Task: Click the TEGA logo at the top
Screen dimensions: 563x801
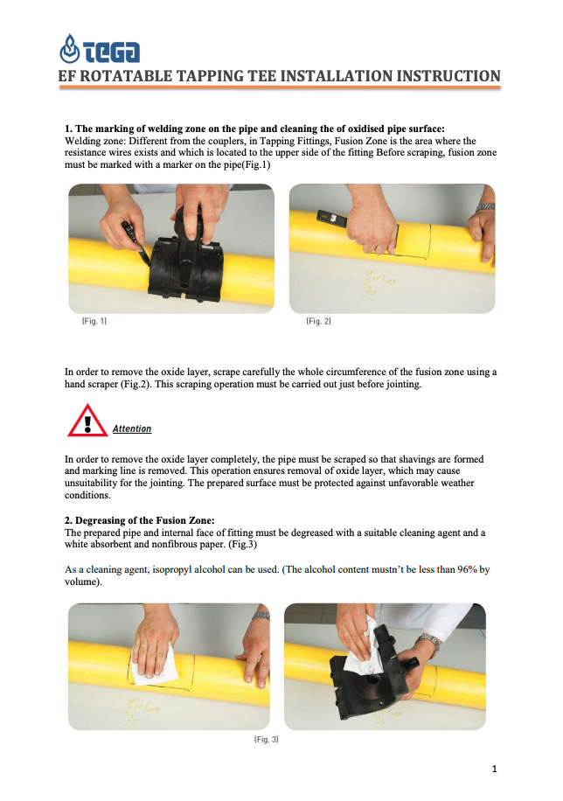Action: [100, 49]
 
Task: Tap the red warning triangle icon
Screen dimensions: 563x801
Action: [87, 421]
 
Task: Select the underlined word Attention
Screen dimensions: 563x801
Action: [132, 428]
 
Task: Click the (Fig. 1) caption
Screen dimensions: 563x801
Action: [94, 321]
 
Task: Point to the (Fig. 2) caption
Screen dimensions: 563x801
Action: [318, 321]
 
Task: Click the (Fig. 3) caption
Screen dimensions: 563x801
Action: [266, 739]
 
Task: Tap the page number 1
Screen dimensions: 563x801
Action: [494, 769]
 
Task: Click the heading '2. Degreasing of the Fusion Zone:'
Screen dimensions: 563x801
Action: [140, 520]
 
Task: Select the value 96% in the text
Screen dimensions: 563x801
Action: [467, 569]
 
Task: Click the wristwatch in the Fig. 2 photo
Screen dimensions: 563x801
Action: [485, 207]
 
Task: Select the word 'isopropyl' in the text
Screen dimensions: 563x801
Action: [173, 569]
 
